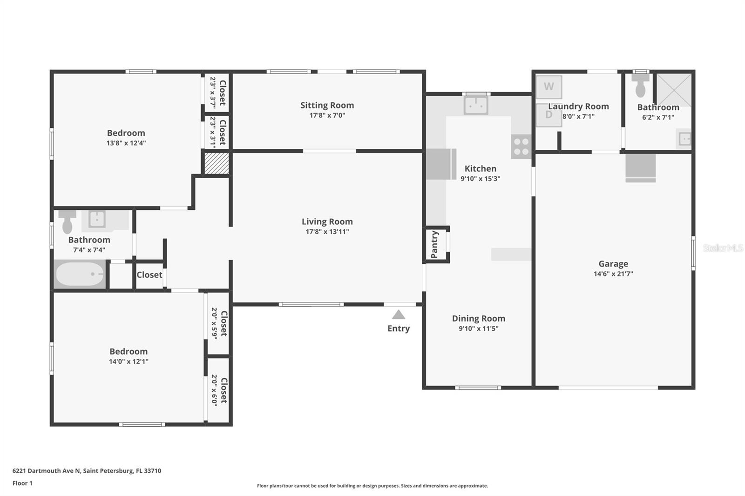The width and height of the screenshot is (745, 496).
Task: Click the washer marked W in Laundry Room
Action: tap(549, 87)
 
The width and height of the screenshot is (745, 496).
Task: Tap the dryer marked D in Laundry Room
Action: tap(549, 115)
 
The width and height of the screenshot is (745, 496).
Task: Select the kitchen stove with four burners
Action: tap(521, 147)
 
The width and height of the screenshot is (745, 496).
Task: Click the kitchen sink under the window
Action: tap(475, 105)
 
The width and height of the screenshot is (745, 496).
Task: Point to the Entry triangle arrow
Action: tap(398, 315)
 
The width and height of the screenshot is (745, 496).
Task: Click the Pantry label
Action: tap(434, 244)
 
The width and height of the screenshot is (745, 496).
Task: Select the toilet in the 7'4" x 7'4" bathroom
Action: tap(68, 221)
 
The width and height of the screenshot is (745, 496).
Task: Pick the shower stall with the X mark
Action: tap(673, 89)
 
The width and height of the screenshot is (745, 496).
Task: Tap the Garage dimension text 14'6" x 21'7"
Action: tap(613, 274)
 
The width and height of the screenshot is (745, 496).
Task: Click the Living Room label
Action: tap(327, 221)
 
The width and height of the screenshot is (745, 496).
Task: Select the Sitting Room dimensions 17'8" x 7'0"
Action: tap(327, 115)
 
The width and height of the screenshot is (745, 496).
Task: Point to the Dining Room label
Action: tap(478, 318)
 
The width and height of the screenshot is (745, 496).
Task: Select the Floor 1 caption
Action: tap(22, 483)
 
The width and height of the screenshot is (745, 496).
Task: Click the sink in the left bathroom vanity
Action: tap(97, 219)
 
